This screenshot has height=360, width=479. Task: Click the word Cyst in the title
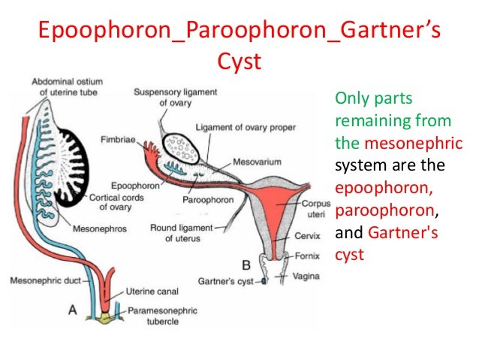[x=239, y=60]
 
